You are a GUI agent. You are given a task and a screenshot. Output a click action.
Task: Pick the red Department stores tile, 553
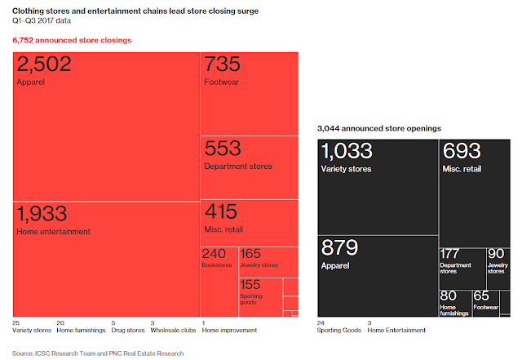pyautogui.click(x=249, y=167)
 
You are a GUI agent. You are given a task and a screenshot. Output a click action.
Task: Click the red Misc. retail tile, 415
pyautogui.click(x=249, y=221)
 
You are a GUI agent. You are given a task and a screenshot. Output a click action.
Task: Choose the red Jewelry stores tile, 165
pyautogui.click(x=259, y=260)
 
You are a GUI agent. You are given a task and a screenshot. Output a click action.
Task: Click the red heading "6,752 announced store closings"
pyautogui.click(x=72, y=40)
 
